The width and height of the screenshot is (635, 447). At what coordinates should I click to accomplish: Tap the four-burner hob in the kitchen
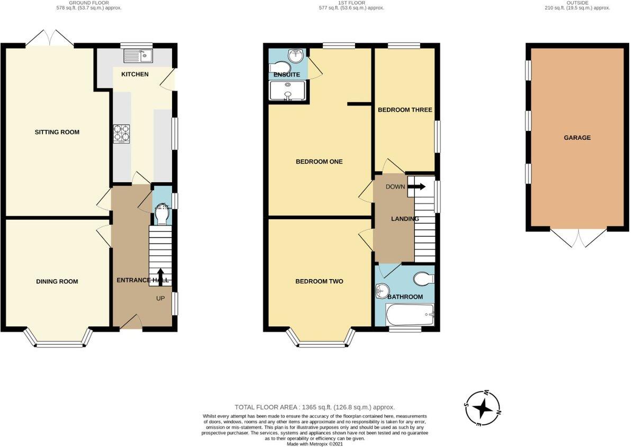click(x=122, y=133)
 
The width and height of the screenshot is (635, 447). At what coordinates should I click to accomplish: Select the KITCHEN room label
click(x=135, y=74)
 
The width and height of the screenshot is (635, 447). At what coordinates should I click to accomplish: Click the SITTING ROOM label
click(x=57, y=132)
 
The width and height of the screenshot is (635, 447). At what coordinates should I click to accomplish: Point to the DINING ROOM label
click(x=57, y=281)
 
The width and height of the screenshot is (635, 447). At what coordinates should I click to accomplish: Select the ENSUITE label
click(x=286, y=75)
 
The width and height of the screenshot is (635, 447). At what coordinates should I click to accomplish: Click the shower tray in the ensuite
click(x=287, y=91)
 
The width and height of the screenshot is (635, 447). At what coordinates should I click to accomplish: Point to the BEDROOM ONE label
click(x=319, y=162)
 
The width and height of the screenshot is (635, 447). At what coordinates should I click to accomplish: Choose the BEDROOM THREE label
click(x=405, y=110)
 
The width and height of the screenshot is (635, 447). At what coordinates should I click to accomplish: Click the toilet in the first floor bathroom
click(x=424, y=278)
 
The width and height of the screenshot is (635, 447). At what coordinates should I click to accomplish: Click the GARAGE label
click(x=577, y=138)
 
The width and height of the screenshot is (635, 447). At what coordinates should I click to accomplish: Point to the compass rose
click(x=482, y=408)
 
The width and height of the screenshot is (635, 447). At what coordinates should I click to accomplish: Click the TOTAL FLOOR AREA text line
click(x=315, y=407)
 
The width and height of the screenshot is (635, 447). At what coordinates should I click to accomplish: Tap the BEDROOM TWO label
click(x=319, y=281)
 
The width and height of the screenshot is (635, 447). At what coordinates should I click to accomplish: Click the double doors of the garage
click(x=578, y=238)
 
